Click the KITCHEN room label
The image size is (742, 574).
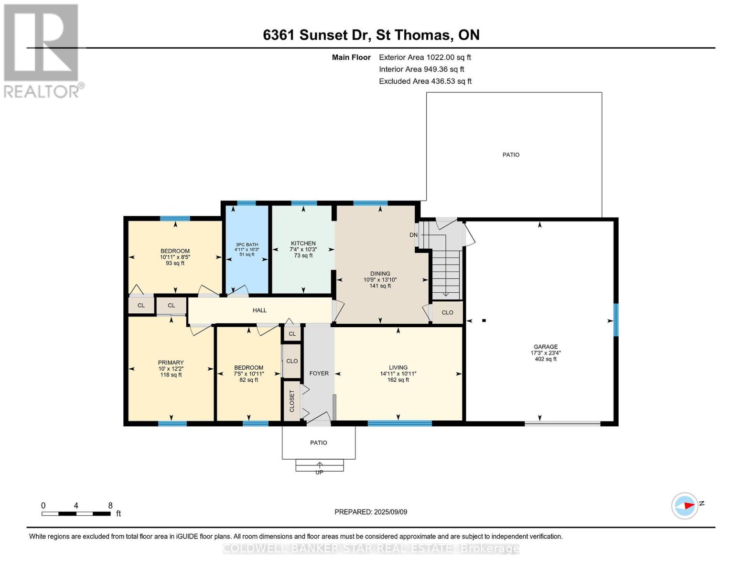(x=303, y=243)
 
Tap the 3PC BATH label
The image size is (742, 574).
(x=247, y=244)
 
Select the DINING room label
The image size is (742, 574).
(x=380, y=274)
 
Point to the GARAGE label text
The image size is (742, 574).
(x=546, y=347)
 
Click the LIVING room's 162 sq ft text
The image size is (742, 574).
(x=398, y=380)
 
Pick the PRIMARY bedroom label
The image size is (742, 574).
(x=171, y=363)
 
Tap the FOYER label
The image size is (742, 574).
(x=319, y=373)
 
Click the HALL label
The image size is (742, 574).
(x=259, y=310)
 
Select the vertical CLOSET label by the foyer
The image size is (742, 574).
(x=292, y=401)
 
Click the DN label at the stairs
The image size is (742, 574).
(x=413, y=235)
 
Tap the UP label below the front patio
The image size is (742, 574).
(x=319, y=473)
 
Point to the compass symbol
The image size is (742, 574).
(x=685, y=506)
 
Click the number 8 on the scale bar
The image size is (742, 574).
(x=110, y=505)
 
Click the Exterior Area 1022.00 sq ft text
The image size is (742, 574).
(x=425, y=57)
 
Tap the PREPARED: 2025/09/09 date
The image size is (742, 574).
(x=371, y=512)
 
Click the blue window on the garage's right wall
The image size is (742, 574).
(x=616, y=320)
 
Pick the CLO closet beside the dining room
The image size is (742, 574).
(x=447, y=312)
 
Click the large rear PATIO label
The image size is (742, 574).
(x=511, y=155)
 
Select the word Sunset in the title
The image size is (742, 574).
(x=328, y=35)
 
